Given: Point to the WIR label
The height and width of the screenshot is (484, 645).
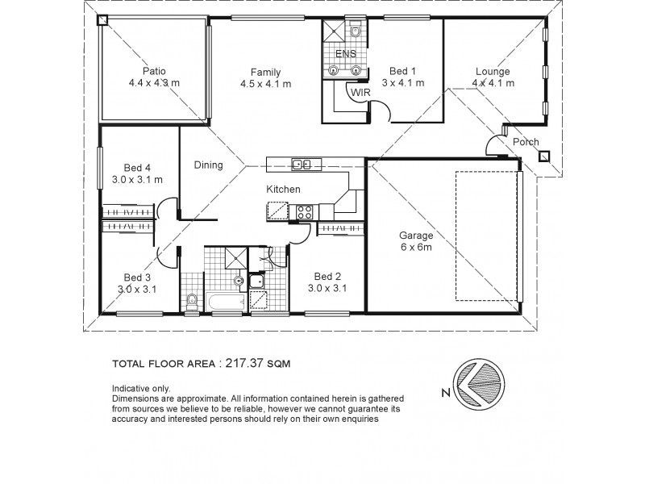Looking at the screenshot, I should tap(360, 94).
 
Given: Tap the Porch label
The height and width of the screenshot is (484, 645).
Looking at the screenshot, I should tap(526, 142).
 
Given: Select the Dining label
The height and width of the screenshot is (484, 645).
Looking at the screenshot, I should tap(208, 165).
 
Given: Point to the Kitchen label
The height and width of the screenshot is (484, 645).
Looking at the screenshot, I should tap(284, 189).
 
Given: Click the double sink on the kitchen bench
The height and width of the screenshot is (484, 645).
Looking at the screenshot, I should tap(302, 165).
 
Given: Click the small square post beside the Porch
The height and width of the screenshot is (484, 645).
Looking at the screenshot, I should tap(544, 156).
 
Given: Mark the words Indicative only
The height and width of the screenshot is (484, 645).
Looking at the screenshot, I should tap(142, 388).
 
